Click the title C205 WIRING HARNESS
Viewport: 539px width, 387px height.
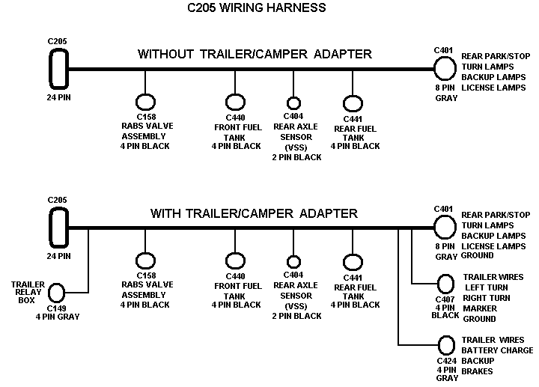(x=255, y=8)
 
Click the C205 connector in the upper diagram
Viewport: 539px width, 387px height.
(x=58, y=70)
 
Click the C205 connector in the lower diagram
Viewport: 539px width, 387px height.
(x=58, y=228)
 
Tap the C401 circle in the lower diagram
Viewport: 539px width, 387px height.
(x=445, y=227)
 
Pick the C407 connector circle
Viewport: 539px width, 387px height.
(x=445, y=284)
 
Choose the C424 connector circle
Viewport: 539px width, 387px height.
(x=446, y=345)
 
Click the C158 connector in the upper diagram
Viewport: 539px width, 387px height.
(x=145, y=103)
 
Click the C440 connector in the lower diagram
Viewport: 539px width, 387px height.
(x=235, y=261)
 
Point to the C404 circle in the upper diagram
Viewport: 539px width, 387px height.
(x=295, y=103)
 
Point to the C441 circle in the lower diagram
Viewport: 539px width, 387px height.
(x=353, y=262)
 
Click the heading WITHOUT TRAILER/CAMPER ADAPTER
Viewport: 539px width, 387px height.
(x=255, y=54)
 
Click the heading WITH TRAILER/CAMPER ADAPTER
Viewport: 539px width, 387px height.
(x=254, y=213)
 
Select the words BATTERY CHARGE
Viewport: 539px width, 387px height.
(x=497, y=350)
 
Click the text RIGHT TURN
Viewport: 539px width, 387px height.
(x=487, y=297)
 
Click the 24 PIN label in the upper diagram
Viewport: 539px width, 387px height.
(x=59, y=97)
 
